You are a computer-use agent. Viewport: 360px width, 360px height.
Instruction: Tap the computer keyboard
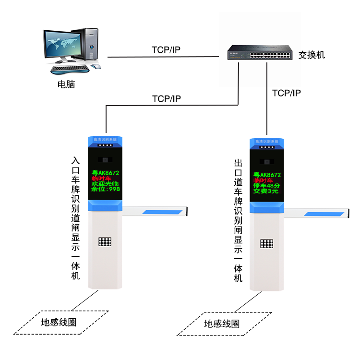pyautogui.click(x=71, y=69)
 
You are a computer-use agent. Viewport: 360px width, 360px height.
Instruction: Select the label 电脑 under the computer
pyautogui.click(x=66, y=85)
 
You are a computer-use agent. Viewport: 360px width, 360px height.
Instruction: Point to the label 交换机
pyautogui.click(x=312, y=55)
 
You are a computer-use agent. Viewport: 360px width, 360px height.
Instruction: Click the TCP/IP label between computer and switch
pyautogui.click(x=166, y=50)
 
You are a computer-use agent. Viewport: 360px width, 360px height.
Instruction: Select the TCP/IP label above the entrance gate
pyautogui.click(x=166, y=99)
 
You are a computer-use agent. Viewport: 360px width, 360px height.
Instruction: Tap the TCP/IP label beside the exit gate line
pyautogui.click(x=286, y=93)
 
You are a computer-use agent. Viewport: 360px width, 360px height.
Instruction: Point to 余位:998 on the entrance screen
pyautogui.click(x=106, y=189)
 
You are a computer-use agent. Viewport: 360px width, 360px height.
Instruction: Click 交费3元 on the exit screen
pyautogui.click(x=266, y=191)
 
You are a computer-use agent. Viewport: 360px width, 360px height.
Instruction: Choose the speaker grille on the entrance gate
pyautogui.click(x=105, y=241)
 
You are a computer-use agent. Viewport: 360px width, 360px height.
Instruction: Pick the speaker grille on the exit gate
pyautogui.click(x=266, y=243)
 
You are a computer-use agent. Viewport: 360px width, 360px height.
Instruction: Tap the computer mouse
pyautogui.click(x=96, y=66)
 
